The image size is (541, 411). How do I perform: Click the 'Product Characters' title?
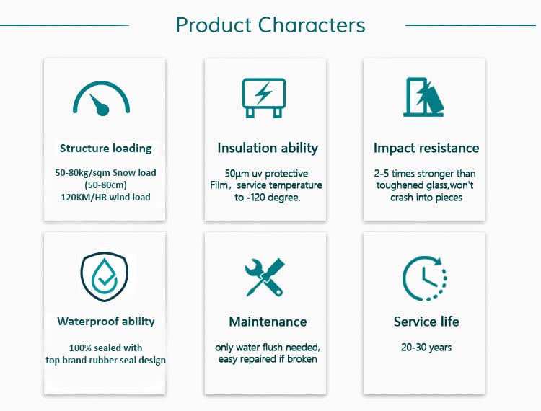tap(270, 25)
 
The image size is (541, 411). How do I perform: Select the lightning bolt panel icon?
tap(264, 98)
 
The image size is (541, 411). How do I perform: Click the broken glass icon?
tap(423, 97)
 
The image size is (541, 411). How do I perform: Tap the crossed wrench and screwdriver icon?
tap(265, 277)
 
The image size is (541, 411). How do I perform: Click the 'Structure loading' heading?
tap(105, 149)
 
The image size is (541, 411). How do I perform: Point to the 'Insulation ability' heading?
tap(268, 148)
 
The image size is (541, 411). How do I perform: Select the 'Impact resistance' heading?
tap(426, 148)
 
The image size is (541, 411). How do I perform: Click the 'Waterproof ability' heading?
tap(106, 322)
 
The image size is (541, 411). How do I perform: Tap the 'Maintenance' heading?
tap(268, 322)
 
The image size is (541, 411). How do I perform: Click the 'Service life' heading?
tap(426, 322)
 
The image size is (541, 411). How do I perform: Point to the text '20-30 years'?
tap(426, 348)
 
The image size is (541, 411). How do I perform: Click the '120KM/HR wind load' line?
tap(105, 198)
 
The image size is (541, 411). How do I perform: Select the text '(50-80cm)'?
tap(105, 185)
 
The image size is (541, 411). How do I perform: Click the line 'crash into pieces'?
tap(426, 198)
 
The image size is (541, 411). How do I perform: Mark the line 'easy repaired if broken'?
tap(268, 359)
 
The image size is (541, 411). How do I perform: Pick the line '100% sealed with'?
tap(105, 348)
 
